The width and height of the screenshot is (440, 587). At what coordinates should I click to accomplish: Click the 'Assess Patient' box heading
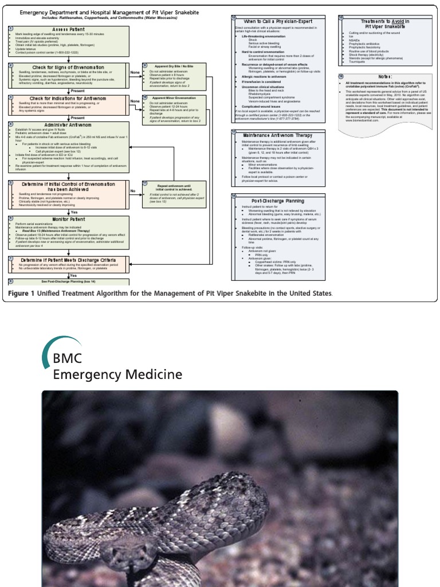tap(68, 29)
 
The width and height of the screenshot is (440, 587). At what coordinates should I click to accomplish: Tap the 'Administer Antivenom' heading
tap(68, 124)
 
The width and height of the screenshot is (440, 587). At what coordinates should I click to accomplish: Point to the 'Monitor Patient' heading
tap(68, 218)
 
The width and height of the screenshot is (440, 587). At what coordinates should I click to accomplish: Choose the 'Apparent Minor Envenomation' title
tap(174, 98)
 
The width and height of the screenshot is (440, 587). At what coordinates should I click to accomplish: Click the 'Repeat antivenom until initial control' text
tap(174, 187)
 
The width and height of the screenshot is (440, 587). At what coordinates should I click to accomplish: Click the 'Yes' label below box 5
tap(73, 212)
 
